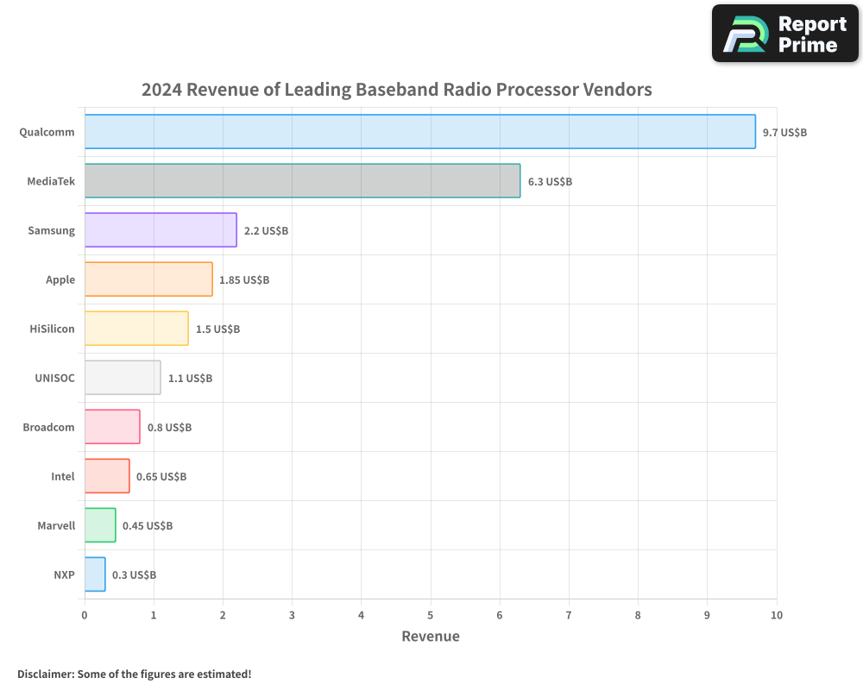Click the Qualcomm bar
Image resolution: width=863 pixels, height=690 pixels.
click(x=419, y=132)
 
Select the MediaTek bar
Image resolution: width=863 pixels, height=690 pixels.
click(x=302, y=181)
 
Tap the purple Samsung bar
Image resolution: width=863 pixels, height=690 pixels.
click(x=161, y=230)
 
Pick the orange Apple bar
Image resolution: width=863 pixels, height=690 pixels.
click(x=148, y=279)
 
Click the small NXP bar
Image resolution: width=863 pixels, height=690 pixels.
click(x=95, y=574)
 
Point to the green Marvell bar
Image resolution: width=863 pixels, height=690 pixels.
click(x=100, y=525)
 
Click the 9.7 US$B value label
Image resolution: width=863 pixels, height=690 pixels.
click(x=784, y=133)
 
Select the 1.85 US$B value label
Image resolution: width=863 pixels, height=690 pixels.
click(x=244, y=280)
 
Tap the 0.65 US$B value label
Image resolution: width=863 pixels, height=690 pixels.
click(x=161, y=477)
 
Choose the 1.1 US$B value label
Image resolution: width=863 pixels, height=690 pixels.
click(x=190, y=379)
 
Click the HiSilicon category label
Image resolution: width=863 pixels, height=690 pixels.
click(x=52, y=329)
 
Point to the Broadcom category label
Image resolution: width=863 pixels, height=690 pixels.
click(x=48, y=427)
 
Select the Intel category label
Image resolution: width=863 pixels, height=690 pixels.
click(x=63, y=476)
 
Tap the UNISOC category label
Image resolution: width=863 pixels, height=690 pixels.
click(x=54, y=378)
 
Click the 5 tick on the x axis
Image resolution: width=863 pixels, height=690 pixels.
click(x=431, y=615)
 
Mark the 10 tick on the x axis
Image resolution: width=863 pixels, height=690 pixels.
click(x=776, y=615)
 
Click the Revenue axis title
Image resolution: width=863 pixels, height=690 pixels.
click(x=431, y=637)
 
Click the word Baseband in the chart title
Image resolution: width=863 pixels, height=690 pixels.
click(x=394, y=90)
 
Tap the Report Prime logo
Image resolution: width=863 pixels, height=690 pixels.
click(x=785, y=34)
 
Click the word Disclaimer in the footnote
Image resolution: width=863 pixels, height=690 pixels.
click(x=45, y=674)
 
